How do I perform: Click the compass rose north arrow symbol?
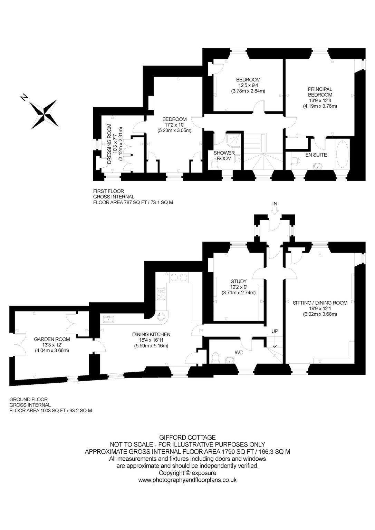45,114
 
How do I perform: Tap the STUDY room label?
238,281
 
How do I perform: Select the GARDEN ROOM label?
52,339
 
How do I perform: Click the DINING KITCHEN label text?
151,334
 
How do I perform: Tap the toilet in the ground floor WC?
215,357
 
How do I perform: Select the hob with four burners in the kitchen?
161,294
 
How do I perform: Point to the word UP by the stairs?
275,331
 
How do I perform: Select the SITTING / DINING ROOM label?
320,303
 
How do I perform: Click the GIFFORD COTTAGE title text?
187,437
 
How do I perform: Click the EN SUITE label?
316,155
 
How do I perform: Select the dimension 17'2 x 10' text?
174,125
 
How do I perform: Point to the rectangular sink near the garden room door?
109,320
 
